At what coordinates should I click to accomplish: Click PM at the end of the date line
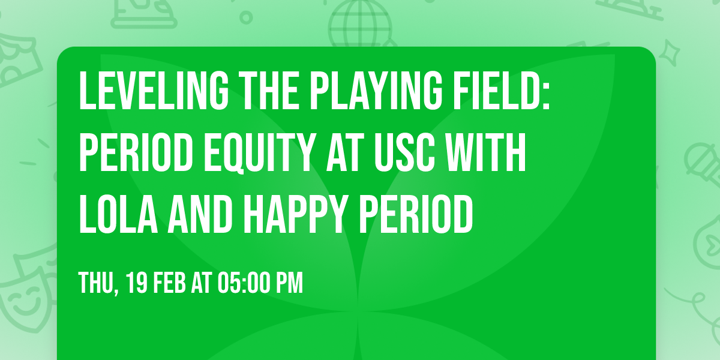click(x=289, y=283)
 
